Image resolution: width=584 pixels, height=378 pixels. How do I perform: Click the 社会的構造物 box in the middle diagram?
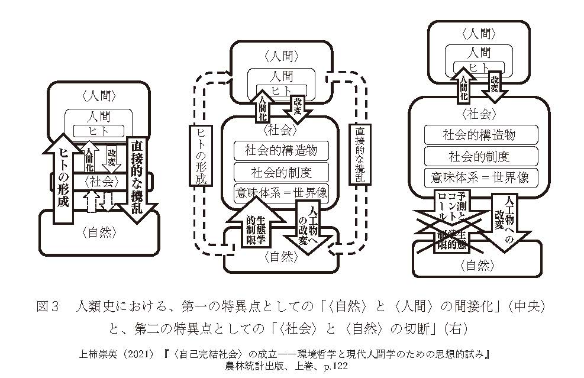coord(280,150)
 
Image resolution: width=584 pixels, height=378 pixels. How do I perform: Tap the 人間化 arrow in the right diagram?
coord(464,84)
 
